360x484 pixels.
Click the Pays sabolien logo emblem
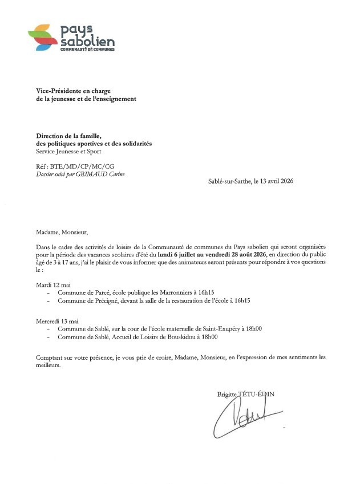(43, 38)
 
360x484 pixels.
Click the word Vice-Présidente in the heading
(56, 91)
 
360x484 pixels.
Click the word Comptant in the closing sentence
(48, 357)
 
